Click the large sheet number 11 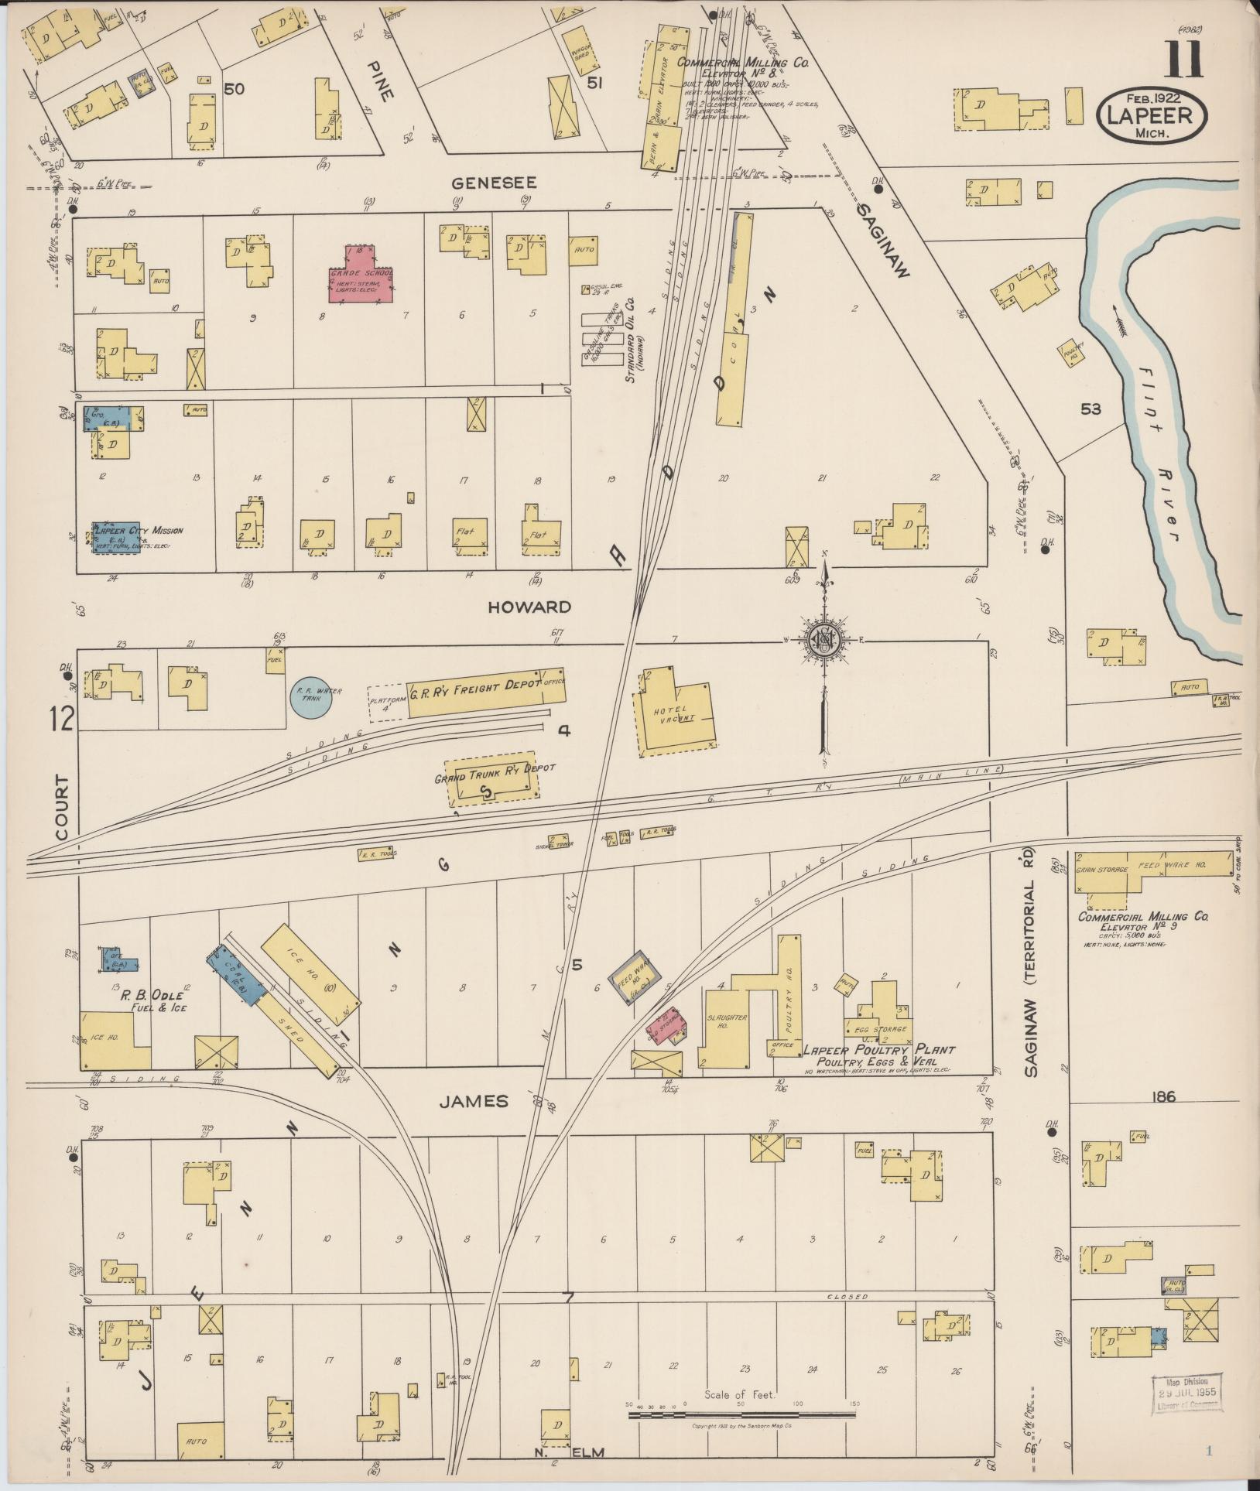pos(1184,60)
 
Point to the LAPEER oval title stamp pos(1151,115)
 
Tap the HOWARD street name pos(529,607)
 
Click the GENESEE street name pos(494,183)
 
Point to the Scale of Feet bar pos(741,1415)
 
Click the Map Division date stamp pos(1188,1394)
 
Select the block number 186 pos(1163,1096)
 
